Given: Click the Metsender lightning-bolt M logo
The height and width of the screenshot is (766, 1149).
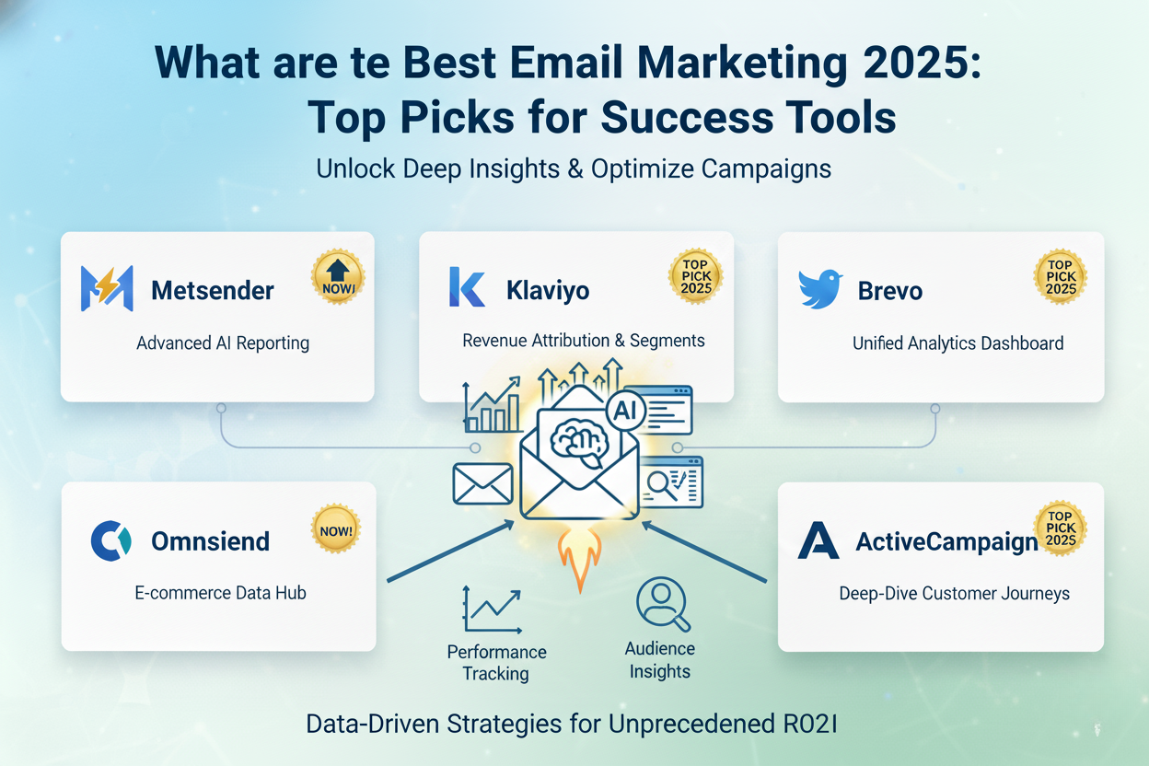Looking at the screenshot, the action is point(107,288).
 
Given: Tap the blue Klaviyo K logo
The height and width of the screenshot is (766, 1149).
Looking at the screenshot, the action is point(466,287).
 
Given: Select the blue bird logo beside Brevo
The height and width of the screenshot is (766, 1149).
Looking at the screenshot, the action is point(819,289).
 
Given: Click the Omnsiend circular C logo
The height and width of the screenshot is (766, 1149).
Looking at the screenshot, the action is point(110,540).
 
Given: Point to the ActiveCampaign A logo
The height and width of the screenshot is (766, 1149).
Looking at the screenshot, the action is point(818,540).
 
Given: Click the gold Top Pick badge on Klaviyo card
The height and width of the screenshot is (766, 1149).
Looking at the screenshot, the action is point(695,276).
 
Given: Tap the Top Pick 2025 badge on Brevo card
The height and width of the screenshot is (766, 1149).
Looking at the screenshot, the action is point(1061,276).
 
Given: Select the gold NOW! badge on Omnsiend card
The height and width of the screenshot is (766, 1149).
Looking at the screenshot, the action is point(336,528).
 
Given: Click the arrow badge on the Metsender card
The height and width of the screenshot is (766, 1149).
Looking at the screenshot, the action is point(338,277).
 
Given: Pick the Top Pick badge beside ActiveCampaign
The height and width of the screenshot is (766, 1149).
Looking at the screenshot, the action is point(1060,528).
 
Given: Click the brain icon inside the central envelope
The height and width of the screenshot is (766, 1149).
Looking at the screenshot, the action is point(579,442).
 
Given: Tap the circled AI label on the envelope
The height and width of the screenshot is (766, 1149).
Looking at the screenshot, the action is point(625,411).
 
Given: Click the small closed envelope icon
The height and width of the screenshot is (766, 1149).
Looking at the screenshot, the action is point(482,483).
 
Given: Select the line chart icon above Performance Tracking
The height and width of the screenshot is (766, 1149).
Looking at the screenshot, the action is point(492,609).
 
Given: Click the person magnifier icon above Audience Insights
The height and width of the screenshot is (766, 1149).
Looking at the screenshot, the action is point(663,604).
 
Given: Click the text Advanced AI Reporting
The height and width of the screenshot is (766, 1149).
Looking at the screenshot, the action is point(223,342).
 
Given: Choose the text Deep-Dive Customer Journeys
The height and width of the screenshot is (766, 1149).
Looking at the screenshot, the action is point(954,594).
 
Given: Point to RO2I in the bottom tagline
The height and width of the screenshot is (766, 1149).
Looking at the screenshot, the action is point(810,724).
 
